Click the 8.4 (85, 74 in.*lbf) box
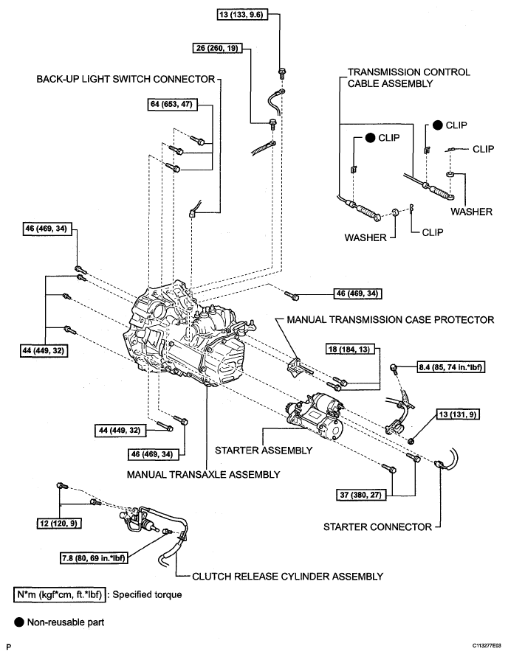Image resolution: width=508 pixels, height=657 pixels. click(451, 367)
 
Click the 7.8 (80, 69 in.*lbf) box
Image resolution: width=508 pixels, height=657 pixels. click(93, 558)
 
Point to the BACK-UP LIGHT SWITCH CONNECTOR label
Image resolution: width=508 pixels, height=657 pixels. click(126, 79)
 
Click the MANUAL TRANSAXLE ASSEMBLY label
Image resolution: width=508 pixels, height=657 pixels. click(204, 474)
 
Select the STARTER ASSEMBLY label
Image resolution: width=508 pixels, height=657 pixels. click(264, 451)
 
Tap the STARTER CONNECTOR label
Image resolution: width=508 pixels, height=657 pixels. click(377, 527)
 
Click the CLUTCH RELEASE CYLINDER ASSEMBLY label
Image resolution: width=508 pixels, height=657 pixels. click(288, 577)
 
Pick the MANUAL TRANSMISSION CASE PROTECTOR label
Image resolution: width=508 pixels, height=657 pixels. click(391, 320)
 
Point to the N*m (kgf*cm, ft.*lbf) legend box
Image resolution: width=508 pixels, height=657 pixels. click(60, 595)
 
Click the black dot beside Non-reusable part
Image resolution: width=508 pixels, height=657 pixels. click(19, 622)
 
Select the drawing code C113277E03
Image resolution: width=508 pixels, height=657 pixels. click(487, 646)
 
